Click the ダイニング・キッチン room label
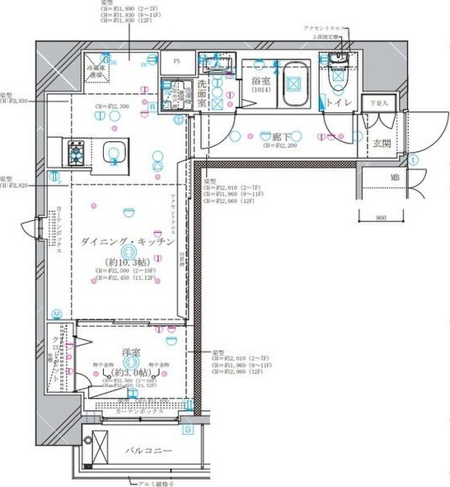127,241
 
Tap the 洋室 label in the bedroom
129,352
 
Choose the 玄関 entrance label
382,144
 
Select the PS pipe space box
176,60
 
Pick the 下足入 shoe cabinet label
378,104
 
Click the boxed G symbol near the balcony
187,430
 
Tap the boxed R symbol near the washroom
152,106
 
